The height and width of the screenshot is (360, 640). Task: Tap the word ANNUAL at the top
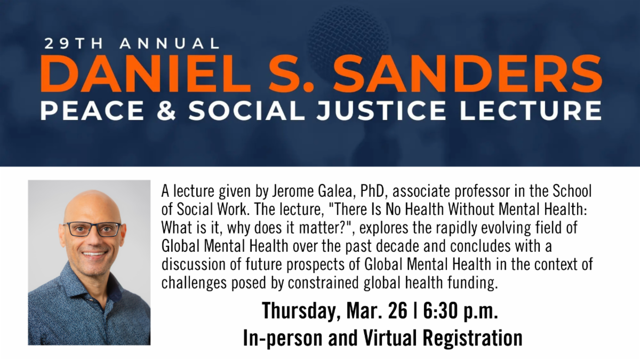pos(170,43)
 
